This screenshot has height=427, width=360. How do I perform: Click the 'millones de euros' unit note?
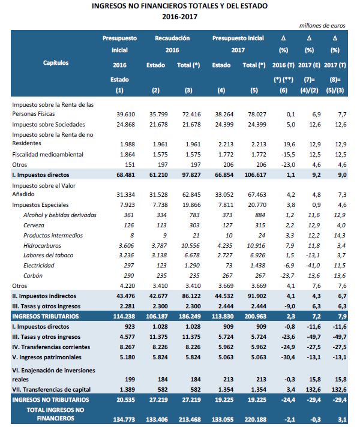pos(323,25)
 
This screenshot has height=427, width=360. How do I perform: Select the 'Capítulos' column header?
pos(56,62)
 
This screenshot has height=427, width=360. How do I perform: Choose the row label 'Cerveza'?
pos(35,225)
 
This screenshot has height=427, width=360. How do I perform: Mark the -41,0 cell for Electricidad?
pos(308,266)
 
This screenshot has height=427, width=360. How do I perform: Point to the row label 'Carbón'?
pos(34,276)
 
